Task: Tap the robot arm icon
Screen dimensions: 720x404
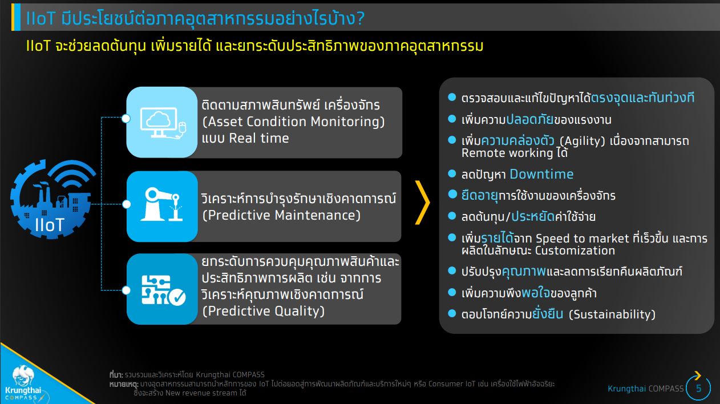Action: tap(161, 204)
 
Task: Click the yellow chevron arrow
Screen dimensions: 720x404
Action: tap(422, 203)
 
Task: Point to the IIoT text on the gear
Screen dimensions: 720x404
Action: tap(50, 224)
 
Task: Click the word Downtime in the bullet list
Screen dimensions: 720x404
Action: tap(541, 174)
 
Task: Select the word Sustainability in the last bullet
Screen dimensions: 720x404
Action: tap(612, 314)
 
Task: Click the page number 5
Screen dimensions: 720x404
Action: tap(698, 388)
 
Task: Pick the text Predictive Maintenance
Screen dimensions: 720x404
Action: tap(282, 215)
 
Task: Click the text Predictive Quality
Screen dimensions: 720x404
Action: tap(264, 311)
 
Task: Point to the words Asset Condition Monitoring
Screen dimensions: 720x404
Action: tap(293, 122)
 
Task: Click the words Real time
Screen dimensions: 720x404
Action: tap(259, 138)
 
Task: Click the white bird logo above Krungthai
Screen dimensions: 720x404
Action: tap(23, 375)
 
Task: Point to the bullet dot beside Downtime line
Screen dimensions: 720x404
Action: tap(452, 173)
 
